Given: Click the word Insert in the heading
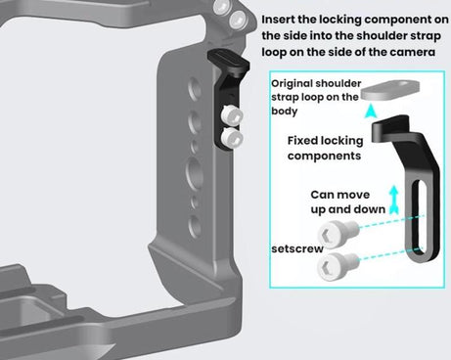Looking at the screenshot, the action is point(278,20).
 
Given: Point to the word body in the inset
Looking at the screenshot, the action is point(285,112).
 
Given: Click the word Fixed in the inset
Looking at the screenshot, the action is point(300,141).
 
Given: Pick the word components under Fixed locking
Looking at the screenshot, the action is point(324,156).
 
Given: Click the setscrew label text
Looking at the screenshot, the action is point(297,248).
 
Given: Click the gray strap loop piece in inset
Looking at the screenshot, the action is point(390,90).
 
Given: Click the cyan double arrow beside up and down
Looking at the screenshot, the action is point(394,200).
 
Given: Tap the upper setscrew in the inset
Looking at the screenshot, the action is point(338,232).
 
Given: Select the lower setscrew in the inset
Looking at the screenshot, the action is point(338,265).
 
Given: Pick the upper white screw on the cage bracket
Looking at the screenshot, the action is point(231,115).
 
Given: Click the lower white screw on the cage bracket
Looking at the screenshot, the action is point(231,137).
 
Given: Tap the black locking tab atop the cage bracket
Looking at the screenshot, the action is point(228,61).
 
